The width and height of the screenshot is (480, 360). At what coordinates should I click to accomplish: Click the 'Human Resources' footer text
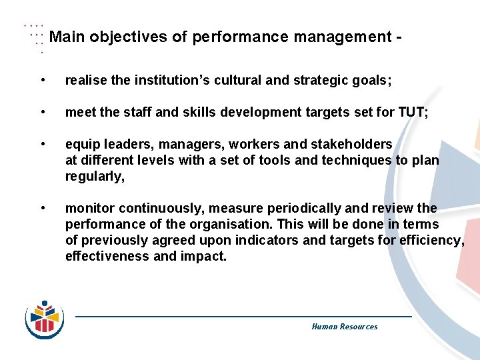tap(344, 327)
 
